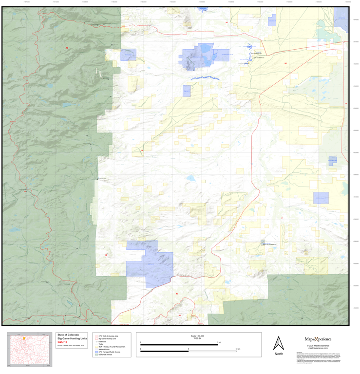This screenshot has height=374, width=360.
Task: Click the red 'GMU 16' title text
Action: coord(62,342)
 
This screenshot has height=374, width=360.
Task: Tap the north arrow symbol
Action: coord(278,343)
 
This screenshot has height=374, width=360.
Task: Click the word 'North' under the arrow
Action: coord(278,354)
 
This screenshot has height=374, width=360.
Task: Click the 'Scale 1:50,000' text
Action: coord(197,336)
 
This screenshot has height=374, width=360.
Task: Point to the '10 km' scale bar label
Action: coord(237,349)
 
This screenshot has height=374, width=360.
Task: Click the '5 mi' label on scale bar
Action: coord(218,342)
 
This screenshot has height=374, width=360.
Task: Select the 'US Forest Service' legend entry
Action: coord(106,355)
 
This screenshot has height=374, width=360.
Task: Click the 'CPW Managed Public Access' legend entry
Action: coord(109,352)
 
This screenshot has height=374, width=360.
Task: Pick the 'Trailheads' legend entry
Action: coord(102,341)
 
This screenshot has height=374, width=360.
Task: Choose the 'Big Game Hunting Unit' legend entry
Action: coord(107,338)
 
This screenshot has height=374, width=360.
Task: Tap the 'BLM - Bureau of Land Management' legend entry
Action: coord(112,346)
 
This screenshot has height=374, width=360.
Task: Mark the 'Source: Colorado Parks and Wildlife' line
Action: coord(71,345)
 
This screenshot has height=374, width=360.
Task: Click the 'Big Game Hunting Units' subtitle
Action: coord(72,338)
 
